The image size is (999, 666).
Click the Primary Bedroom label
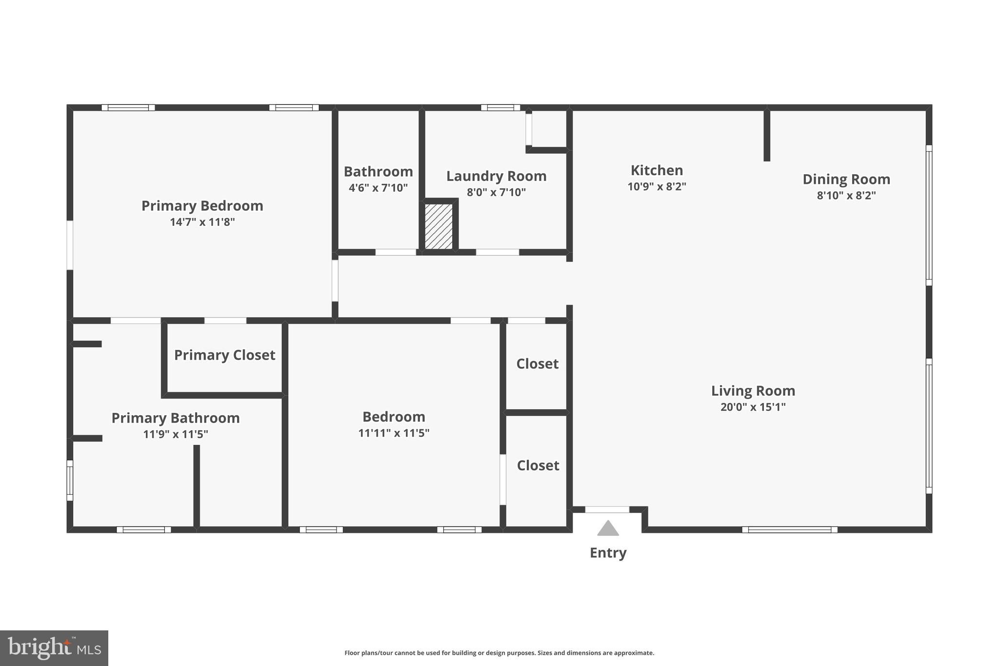[202, 206]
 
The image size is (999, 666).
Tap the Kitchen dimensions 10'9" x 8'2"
[657, 186]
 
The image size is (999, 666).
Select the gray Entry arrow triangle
[608, 528]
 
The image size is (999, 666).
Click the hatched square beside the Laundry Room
[439, 226]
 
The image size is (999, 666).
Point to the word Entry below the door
[608, 553]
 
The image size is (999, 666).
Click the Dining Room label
[846, 180]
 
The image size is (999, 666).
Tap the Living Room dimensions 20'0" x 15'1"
[753, 407]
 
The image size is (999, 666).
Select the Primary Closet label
[224, 355]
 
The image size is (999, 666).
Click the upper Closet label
[537, 364]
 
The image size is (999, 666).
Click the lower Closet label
[538, 465]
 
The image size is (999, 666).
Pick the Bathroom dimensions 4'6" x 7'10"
[378, 188]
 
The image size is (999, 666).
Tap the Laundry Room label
[496, 176]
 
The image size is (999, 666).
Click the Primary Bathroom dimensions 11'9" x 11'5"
[176, 434]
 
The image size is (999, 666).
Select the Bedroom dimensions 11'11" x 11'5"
[394, 433]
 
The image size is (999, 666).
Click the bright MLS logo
[54, 648]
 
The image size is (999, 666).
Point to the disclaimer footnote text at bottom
[499, 653]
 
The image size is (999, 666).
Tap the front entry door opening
[607, 509]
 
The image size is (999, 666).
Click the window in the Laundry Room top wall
[500, 108]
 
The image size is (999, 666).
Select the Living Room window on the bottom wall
[789, 530]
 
